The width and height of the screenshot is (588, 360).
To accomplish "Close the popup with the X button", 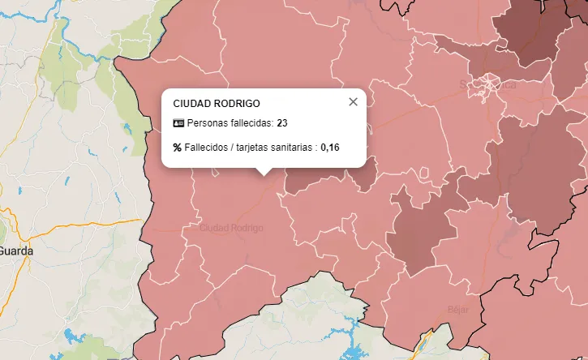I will point(353,102).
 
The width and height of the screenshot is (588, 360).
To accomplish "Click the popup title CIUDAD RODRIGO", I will point(217,104).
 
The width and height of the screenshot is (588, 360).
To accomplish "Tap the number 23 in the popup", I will point(282,123).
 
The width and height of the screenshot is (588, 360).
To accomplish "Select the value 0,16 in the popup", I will point(330,148).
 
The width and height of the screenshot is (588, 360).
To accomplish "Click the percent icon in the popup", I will point(178,148).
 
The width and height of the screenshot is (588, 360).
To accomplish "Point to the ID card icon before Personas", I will point(178,123).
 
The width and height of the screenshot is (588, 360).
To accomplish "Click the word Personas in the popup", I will point(208,123).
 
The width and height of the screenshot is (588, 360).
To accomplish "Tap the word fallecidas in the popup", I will point(251,123).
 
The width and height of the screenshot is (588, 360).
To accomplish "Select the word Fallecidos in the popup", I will point(207,148).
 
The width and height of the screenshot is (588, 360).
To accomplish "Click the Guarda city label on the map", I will point(16,251).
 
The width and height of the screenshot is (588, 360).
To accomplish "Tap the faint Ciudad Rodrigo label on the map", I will point(231,228).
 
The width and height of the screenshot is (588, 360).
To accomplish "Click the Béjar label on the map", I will point(458,309).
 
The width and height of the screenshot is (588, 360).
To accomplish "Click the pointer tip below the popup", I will point(263,172).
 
